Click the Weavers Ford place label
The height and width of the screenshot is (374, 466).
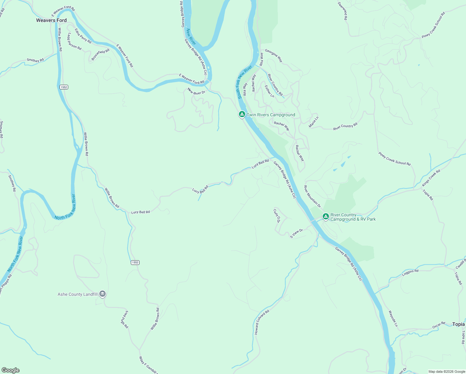[51, 20]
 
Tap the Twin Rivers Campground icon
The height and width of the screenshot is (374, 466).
[242, 114]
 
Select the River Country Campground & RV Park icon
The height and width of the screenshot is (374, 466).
[326, 216]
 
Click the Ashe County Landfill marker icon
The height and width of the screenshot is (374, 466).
[102, 294]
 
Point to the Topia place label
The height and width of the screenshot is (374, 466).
[458, 324]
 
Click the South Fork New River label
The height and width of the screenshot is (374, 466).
[245, 82]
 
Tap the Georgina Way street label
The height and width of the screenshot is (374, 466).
[273, 55]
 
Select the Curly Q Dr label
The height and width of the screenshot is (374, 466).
[276, 216]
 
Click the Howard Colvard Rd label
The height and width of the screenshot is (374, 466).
[261, 322]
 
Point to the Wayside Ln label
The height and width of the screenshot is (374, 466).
[393, 319]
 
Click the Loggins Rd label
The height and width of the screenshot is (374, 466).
[410, 273]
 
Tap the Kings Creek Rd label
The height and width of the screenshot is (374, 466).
[431, 178]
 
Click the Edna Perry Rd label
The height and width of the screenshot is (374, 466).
[83, 36]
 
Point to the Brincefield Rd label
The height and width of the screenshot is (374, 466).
[100, 55]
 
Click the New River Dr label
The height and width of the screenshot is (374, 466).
[196, 91]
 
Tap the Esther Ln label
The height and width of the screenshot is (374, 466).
[269, 91]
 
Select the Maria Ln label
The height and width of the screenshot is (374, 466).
[314, 122]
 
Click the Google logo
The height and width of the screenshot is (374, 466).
[11, 370]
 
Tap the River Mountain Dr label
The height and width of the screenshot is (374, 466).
[312, 196]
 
